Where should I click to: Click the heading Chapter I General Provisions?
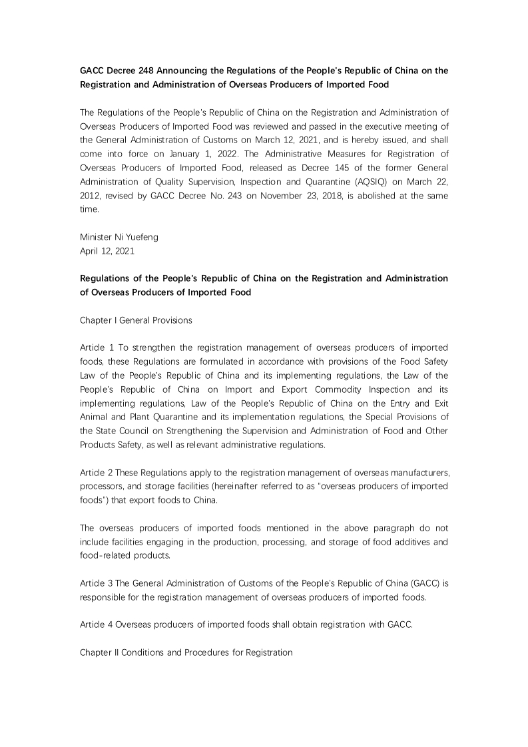136,320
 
